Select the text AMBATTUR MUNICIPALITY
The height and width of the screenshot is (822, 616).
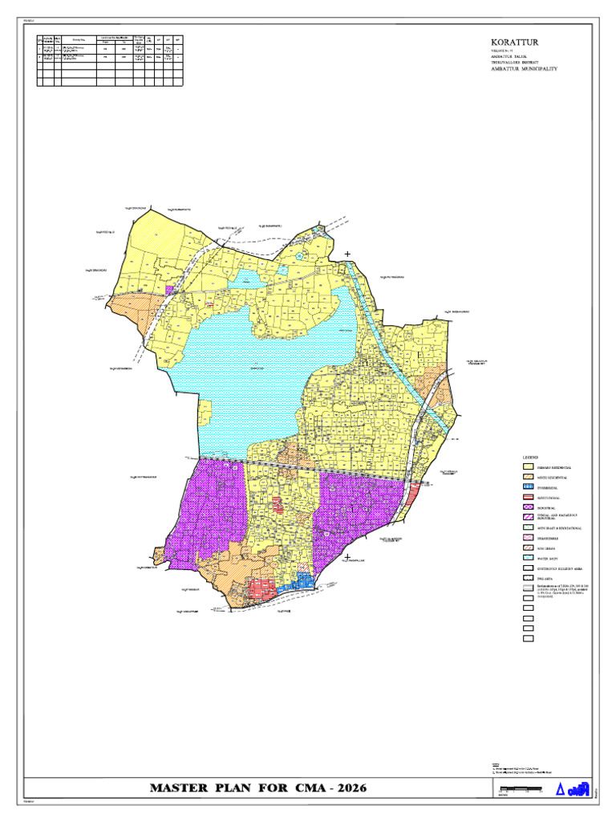point(524,69)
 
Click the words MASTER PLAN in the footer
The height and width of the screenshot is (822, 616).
point(201,788)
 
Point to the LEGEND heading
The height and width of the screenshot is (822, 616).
point(532,457)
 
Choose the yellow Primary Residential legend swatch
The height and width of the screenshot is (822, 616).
point(529,466)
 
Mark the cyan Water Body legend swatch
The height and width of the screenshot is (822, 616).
point(529,555)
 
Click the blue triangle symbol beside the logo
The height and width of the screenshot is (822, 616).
point(561,790)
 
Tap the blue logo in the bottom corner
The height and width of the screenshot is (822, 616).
point(580,788)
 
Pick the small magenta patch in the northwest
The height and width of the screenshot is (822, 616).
point(169,290)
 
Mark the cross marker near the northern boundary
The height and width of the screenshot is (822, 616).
point(347,254)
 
